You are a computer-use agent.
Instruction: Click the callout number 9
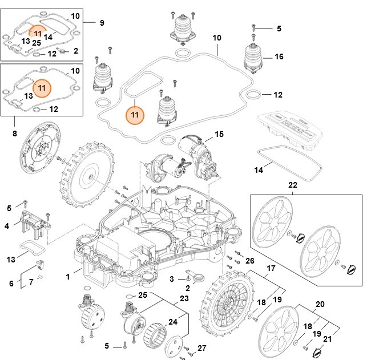tap(102, 23)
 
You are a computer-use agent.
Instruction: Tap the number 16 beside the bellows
tap(279, 57)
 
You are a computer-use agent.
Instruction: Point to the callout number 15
tap(219, 135)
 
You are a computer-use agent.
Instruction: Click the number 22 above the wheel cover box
tap(292, 185)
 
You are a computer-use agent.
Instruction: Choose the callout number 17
tap(271, 268)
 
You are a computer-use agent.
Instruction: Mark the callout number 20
tap(320, 305)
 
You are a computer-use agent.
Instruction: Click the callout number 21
tap(328, 339)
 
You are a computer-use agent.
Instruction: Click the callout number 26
tap(249, 261)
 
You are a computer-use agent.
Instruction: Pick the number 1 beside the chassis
tap(67, 277)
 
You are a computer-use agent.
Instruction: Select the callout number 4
tap(7, 226)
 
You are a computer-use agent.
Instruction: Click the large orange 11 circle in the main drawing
tap(135, 114)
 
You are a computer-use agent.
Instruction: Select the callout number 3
tap(171, 278)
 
